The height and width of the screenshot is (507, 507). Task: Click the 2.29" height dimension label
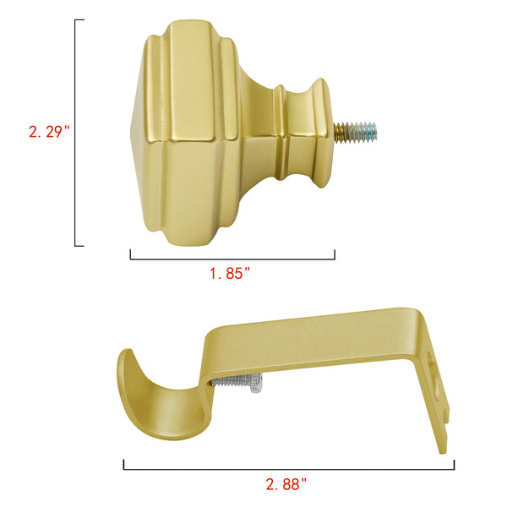pos(49,132)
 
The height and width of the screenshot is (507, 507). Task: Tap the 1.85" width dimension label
pos(230,274)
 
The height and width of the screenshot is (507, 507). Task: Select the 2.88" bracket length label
pos(286,484)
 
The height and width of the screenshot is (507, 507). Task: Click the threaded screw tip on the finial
pos(356,133)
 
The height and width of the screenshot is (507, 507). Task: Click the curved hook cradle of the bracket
pos(161,401)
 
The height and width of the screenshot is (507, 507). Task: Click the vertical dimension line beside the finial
pos(75,133)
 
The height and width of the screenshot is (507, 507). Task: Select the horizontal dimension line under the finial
pos(232,259)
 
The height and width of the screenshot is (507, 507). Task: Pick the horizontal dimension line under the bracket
pos(289,469)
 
